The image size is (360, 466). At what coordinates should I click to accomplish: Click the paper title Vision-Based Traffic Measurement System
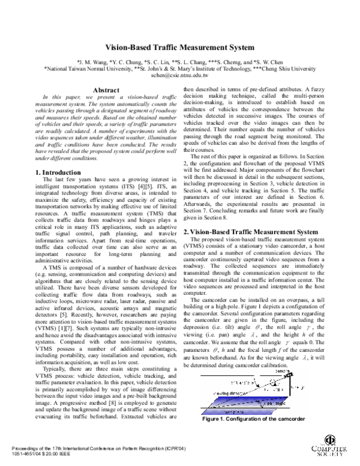pos(179,47)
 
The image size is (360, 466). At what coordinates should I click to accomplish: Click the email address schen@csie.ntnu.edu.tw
pos(179,76)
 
